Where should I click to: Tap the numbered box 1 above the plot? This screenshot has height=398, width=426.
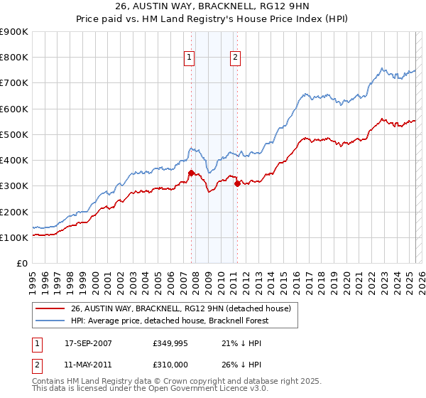(x=190, y=58)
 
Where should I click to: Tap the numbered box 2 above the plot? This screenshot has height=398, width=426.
(x=235, y=58)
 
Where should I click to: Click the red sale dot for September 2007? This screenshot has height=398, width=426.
(x=191, y=173)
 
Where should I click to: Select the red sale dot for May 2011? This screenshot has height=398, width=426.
(x=237, y=183)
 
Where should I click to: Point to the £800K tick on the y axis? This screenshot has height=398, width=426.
(x=14, y=58)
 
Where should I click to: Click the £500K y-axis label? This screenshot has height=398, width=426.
(x=14, y=134)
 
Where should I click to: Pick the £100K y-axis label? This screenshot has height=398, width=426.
(x=14, y=237)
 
